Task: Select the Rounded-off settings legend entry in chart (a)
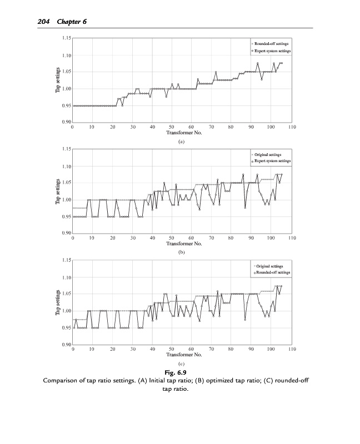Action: [x=271, y=43]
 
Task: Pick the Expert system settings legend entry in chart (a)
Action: [x=272, y=51]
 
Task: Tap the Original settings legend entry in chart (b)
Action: [x=268, y=154]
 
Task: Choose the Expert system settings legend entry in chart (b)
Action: [x=272, y=161]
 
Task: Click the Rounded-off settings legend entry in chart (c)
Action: [x=272, y=273]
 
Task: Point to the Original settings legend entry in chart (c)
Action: [x=269, y=266]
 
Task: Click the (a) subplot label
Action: [x=181, y=142]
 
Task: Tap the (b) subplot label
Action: [x=181, y=252]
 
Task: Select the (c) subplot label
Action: [x=181, y=364]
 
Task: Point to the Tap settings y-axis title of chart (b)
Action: [x=58, y=191]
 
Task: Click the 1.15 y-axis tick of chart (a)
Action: [x=66, y=38]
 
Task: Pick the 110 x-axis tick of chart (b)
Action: [x=292, y=238]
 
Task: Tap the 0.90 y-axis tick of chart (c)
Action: [x=66, y=345]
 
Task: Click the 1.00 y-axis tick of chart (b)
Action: [x=66, y=200]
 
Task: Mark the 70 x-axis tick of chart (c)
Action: [x=211, y=349]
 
